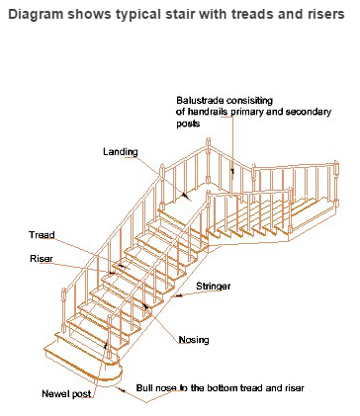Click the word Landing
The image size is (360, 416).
coord(121,152)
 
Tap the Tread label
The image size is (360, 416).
coord(42,235)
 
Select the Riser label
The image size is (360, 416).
coord(42,259)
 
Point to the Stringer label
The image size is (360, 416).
coord(213,287)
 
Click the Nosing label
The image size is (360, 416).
coord(194,340)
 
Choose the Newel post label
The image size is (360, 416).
coord(66,393)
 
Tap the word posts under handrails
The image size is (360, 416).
coord(188,124)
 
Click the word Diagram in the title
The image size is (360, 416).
coord(36,15)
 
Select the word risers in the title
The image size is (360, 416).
coord(327,15)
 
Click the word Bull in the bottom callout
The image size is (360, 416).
coord(143,387)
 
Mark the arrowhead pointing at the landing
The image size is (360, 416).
coord(186,196)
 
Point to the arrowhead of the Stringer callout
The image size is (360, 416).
coord(178,295)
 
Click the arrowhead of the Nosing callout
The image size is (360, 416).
coord(145,306)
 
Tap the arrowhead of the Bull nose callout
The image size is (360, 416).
coord(123,390)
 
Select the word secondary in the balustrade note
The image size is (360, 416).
coord(308,112)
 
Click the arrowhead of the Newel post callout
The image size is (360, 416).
coord(106,345)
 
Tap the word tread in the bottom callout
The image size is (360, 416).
coord(251,387)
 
